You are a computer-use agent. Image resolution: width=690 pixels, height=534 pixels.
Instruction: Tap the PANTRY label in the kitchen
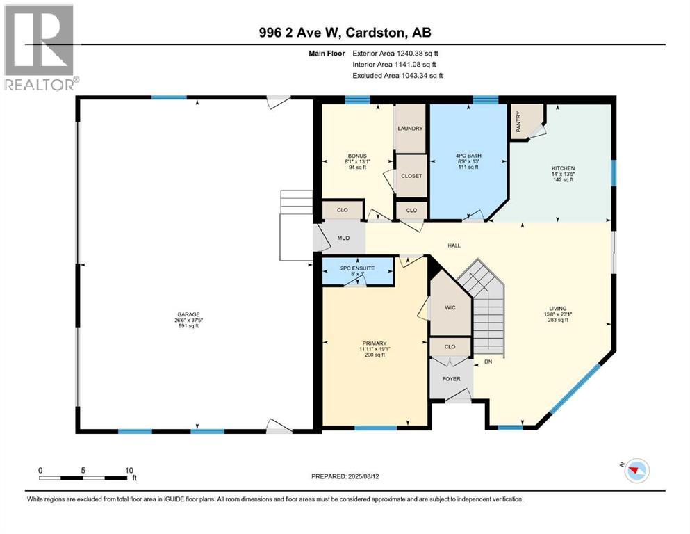click(x=518, y=122)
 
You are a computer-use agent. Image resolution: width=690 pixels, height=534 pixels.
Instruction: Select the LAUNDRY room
click(x=410, y=129)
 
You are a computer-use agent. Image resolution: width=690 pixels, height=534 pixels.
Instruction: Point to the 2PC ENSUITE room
click(x=358, y=268)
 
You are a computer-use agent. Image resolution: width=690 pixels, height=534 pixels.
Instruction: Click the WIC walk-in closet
click(x=450, y=307)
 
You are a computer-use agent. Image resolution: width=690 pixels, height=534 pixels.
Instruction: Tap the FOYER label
click(x=451, y=379)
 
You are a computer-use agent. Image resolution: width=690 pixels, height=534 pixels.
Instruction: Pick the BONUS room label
click(x=357, y=156)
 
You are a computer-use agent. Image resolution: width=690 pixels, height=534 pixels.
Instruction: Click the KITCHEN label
click(x=563, y=168)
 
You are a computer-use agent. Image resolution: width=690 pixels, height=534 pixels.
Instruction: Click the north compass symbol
click(x=634, y=471)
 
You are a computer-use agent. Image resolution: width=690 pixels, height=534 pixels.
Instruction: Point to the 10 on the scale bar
click(x=129, y=470)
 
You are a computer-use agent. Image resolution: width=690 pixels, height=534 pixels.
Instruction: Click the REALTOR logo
click(x=39, y=48)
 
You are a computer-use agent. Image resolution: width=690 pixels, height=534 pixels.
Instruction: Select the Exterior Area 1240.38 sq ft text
click(x=395, y=53)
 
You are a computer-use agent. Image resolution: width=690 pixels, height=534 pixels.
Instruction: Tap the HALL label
click(x=454, y=245)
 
